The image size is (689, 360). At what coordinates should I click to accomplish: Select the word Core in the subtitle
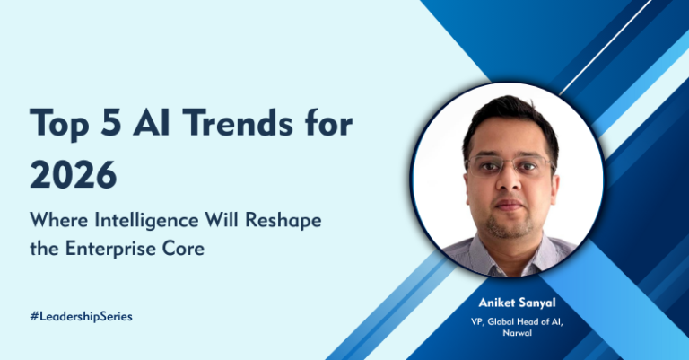[x=184, y=249]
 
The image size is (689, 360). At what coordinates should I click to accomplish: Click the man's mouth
[x=510, y=207]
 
